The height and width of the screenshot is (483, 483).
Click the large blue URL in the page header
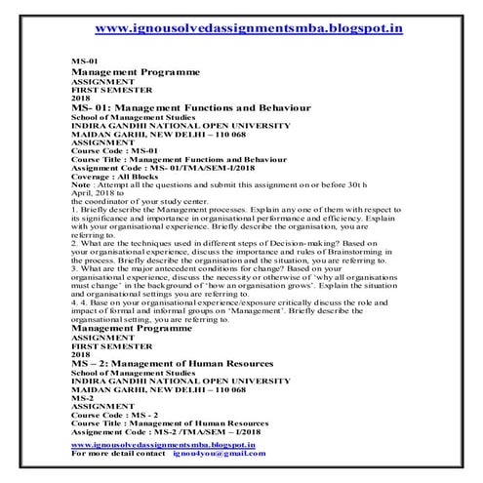[x=242, y=29]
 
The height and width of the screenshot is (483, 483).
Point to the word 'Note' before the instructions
[x=83, y=184]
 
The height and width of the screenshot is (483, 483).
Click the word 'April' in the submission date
[x=83, y=193]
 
